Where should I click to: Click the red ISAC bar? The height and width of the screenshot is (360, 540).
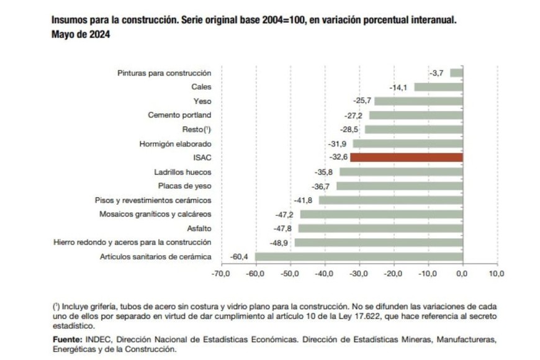[407, 158]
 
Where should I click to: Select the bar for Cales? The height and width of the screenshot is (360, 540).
[438, 87]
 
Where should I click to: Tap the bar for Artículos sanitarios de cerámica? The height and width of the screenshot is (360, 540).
[359, 256]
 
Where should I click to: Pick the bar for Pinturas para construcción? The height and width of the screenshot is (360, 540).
[456, 73]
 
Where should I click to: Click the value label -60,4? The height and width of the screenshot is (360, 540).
[239, 256]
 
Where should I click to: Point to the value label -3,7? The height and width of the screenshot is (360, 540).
[436, 73]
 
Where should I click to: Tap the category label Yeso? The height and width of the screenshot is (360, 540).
[202, 101]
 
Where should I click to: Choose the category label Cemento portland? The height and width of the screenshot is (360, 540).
[179, 115]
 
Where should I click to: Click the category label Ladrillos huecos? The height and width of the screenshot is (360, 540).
[182, 172]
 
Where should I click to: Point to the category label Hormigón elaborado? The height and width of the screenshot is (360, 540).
[176, 144]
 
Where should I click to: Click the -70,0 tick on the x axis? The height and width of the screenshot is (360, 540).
[220, 273]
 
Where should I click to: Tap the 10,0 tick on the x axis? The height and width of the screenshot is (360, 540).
[497, 273]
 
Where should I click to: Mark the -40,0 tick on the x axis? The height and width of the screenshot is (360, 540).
[324, 273]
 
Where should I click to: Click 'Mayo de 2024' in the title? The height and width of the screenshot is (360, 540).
[81, 35]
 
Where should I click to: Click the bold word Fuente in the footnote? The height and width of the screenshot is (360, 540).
[67, 340]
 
